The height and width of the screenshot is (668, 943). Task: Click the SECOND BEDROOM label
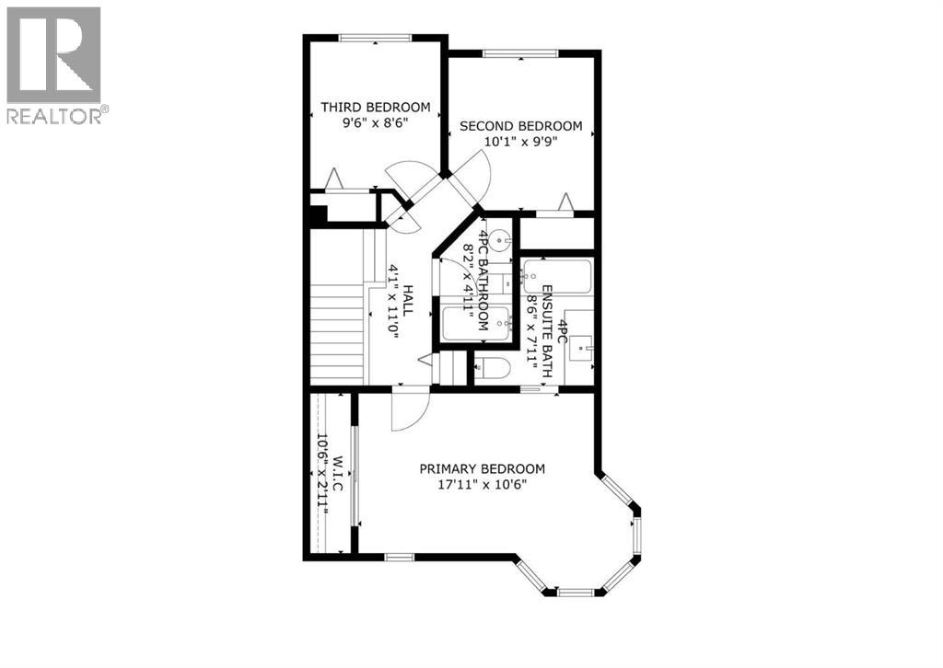pos(521,126)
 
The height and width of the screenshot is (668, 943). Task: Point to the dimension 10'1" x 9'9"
pos(521,142)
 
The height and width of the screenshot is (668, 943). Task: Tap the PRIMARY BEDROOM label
pos(483,468)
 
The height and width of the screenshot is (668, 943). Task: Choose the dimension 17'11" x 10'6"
pos(483,484)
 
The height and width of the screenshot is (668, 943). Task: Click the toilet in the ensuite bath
pos(493,370)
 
